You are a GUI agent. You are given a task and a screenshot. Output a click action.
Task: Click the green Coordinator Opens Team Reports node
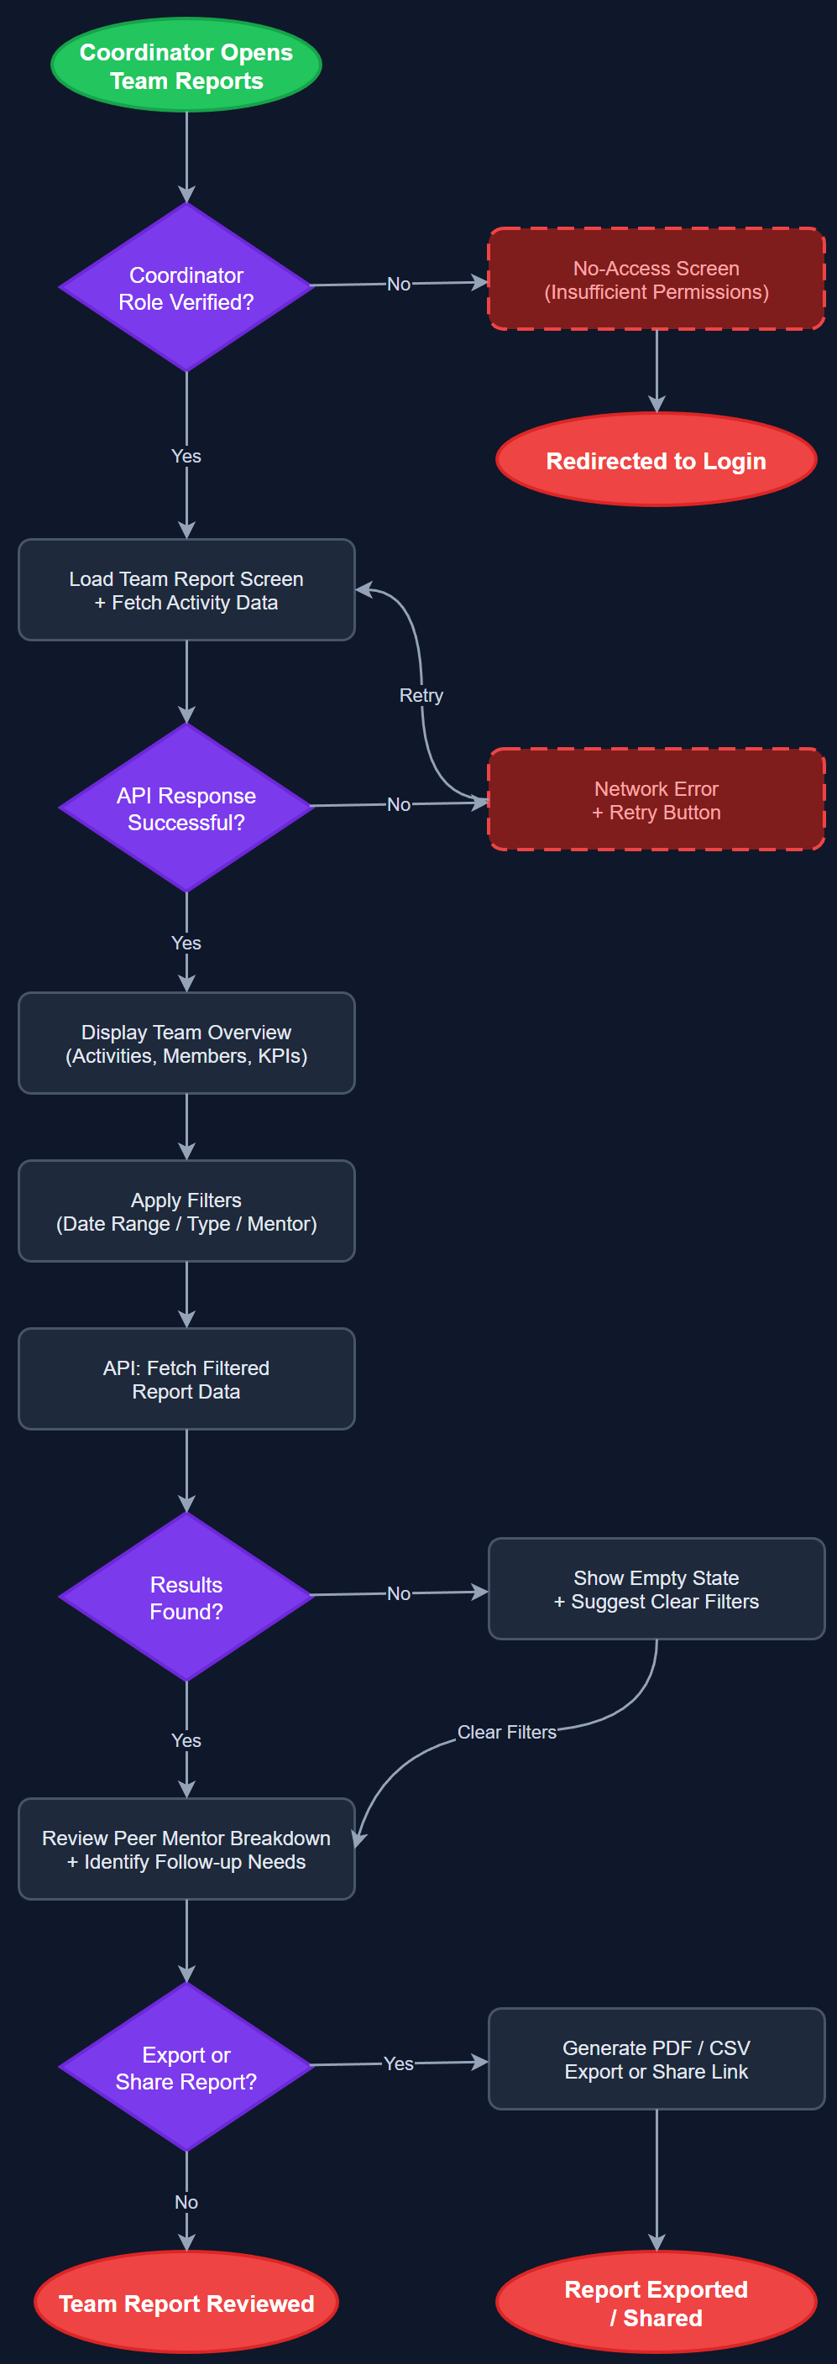[186, 66]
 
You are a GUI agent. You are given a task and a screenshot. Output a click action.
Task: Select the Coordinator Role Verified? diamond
[186, 288]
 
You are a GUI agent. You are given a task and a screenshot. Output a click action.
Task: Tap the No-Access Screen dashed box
[657, 280]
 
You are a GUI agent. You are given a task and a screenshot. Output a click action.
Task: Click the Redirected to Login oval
[657, 461]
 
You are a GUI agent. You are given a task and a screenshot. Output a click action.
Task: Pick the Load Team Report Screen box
[186, 590]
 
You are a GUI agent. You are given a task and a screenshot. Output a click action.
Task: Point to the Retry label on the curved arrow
[421, 696]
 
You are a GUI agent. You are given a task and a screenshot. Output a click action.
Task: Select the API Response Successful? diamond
[186, 808]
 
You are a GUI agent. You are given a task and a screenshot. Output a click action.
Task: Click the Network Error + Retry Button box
[657, 800]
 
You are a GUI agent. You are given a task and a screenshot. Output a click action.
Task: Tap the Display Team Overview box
[186, 1043]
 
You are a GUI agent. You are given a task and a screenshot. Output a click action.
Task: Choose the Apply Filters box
[186, 1211]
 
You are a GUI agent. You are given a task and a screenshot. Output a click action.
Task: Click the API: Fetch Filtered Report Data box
[186, 1379]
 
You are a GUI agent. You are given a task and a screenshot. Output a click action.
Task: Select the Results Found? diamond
[186, 1598]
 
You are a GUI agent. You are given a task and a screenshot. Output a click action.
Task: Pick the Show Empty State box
[657, 1589]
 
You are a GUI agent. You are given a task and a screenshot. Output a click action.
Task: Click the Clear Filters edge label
[506, 1733]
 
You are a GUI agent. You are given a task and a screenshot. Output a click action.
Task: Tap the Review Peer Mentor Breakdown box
[186, 1849]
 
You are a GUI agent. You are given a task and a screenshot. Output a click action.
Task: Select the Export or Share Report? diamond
[186, 2068]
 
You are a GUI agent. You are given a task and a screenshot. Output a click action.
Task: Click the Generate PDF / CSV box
[657, 2059]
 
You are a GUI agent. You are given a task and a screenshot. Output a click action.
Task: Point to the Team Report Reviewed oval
[186, 2304]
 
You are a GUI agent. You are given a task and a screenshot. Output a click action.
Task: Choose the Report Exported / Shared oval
[657, 2304]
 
